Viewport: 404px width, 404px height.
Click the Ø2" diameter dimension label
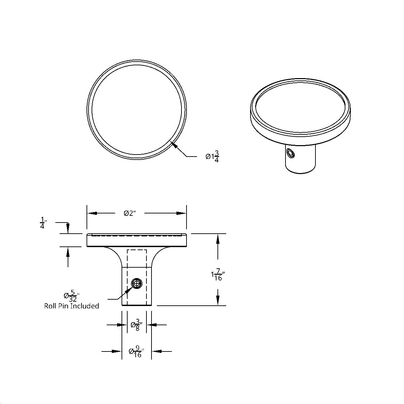click(x=130, y=213)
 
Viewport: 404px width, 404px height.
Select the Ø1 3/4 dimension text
click(x=212, y=157)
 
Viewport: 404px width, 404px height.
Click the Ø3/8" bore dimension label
click(x=136, y=325)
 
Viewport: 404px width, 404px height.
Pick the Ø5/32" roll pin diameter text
click(x=71, y=296)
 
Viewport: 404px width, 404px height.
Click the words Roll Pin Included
click(x=71, y=306)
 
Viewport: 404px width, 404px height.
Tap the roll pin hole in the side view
click(x=136, y=284)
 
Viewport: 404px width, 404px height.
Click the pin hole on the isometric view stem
click(x=290, y=154)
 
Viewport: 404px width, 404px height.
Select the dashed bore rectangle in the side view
click(x=137, y=258)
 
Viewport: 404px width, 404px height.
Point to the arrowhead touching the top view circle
click(x=174, y=145)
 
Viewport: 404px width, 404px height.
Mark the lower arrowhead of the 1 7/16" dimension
click(x=218, y=301)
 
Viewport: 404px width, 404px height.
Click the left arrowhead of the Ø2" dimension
click(x=92, y=213)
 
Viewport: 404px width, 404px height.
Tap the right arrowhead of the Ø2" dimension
click(x=182, y=213)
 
